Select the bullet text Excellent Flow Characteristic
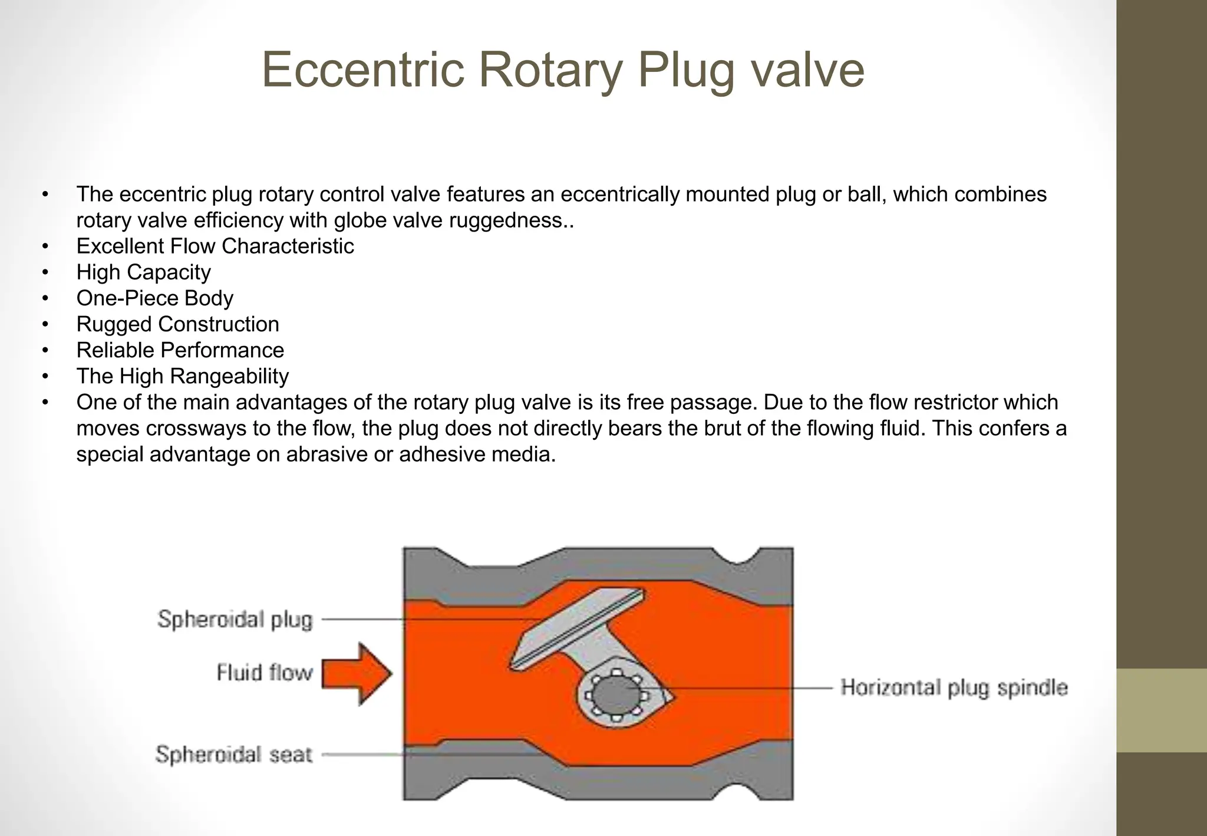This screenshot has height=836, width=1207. (215, 246)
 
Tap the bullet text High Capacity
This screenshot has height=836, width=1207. (143, 272)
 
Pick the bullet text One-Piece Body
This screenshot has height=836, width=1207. (154, 298)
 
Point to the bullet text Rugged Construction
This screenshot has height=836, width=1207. (177, 324)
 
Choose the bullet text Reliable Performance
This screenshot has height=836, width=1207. (180, 350)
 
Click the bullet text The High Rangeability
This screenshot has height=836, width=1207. (182, 376)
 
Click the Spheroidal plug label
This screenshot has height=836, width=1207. (235, 620)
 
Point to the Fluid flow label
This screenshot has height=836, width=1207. (265, 673)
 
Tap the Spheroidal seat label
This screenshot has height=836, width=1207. (233, 754)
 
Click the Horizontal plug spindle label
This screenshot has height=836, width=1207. (954, 687)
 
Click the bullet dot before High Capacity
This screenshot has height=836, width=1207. (45, 272)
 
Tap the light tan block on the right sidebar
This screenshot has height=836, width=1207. (1162, 710)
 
